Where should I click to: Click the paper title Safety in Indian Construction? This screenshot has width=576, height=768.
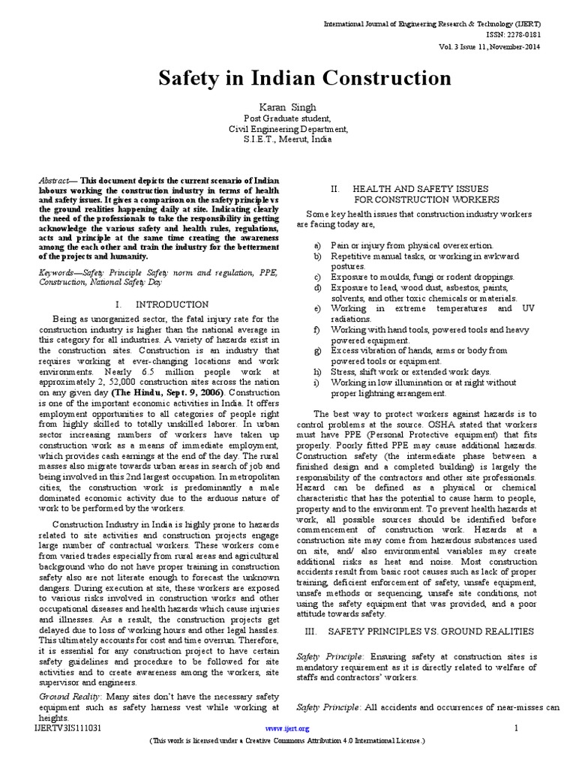pyautogui.click(x=288, y=78)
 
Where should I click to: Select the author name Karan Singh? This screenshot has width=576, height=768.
pyautogui.click(x=288, y=107)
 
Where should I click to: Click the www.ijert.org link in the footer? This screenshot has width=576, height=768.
pyautogui.click(x=288, y=728)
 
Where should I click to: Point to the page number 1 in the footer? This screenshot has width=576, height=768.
pyautogui.click(x=517, y=728)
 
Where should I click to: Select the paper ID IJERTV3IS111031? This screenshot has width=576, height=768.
pyautogui.click(x=68, y=728)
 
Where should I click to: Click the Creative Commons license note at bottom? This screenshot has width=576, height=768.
pyautogui.click(x=288, y=741)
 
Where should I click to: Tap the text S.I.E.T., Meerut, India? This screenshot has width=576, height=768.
pyautogui.click(x=288, y=139)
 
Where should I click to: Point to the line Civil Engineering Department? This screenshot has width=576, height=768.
pyautogui.click(x=288, y=128)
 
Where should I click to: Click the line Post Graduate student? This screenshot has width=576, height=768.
pyautogui.click(x=288, y=118)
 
